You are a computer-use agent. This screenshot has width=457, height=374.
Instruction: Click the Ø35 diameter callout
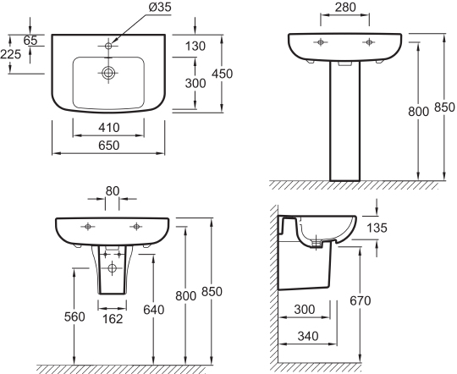click(160, 7)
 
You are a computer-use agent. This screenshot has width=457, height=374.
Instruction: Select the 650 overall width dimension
click(108, 146)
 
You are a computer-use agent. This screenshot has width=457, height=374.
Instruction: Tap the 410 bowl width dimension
click(108, 128)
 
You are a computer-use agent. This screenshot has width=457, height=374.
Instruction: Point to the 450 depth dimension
click(222, 74)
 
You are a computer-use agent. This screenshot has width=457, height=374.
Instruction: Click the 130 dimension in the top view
click(195, 46)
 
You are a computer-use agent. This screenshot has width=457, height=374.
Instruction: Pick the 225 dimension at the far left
click(11, 54)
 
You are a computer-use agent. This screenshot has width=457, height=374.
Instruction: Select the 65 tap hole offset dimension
click(30, 41)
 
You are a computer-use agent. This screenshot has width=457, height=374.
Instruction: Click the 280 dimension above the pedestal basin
click(345, 8)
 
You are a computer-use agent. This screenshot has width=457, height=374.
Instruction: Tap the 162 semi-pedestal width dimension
click(113, 319)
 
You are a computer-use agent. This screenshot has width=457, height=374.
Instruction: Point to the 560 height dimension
click(74, 316)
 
